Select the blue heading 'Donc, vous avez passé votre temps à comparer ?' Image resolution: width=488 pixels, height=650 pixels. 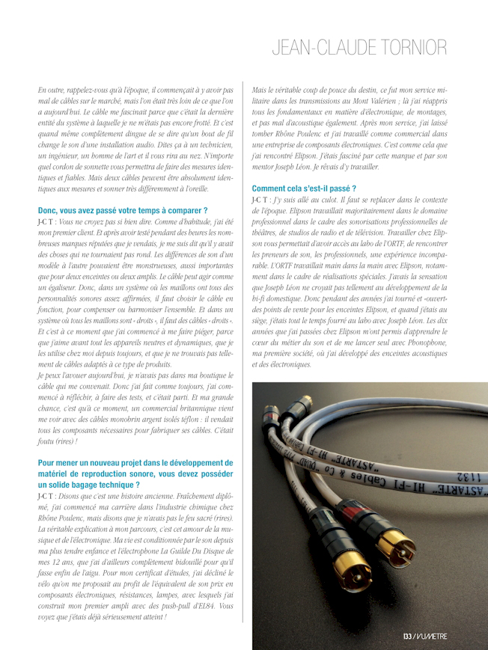click(x=122, y=211)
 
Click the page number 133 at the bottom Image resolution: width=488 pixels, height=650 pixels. click(x=407, y=637)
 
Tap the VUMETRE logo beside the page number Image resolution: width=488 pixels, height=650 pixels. click(x=432, y=637)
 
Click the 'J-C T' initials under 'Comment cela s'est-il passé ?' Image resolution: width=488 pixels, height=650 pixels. click(x=261, y=200)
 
